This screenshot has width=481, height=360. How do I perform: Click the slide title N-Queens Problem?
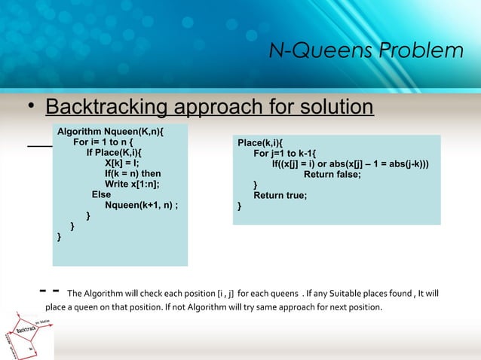click(x=366, y=51)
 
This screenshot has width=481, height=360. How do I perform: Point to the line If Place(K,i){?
click(x=119, y=152)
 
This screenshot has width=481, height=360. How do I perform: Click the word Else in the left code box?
click(x=101, y=194)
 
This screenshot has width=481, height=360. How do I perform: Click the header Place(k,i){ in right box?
click(x=260, y=142)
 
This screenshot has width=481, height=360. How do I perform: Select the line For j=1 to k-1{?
click(x=285, y=153)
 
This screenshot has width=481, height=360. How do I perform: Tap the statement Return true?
click(x=280, y=195)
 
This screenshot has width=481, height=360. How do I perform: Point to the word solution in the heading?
click(x=331, y=107)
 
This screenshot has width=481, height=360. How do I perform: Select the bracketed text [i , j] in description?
click(x=225, y=293)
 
